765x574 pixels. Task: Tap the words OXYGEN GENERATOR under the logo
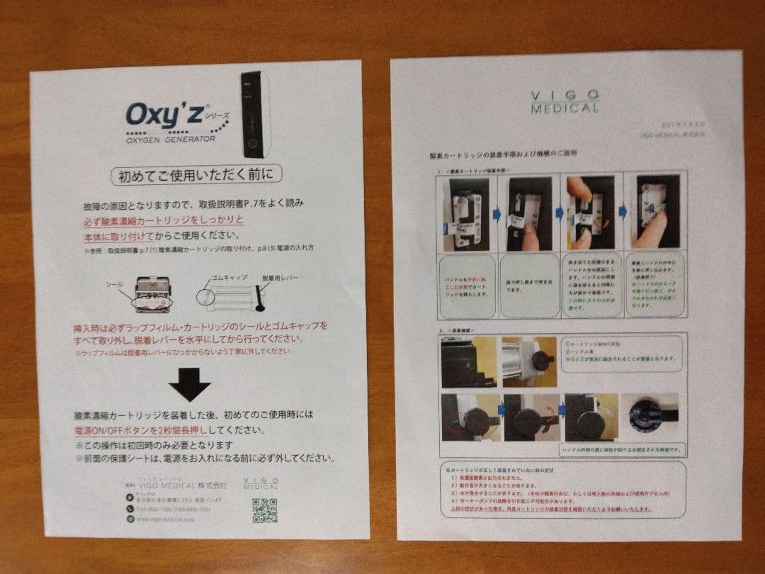171,139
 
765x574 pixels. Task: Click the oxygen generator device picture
255,114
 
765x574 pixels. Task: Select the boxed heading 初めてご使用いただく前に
196,174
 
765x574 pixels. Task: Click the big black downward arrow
189,387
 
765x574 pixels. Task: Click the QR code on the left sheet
263,510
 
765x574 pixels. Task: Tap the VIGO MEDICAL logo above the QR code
261,483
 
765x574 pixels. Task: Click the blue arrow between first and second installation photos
497,212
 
